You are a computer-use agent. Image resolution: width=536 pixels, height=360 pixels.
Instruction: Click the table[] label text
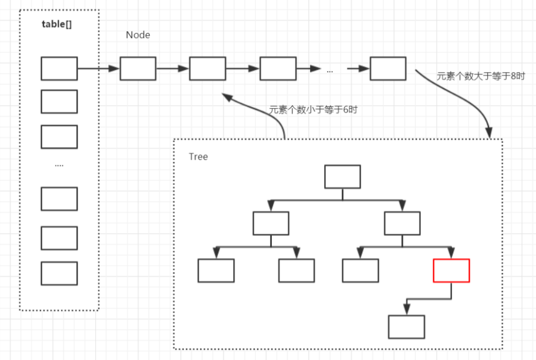click(x=57, y=25)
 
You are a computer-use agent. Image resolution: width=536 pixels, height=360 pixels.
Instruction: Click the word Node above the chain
click(x=138, y=35)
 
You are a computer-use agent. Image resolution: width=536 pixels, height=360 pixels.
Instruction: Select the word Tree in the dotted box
click(x=198, y=157)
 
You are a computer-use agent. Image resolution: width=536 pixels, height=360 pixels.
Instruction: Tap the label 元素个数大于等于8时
click(x=480, y=76)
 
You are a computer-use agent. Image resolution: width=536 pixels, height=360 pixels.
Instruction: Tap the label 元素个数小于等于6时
click(x=312, y=110)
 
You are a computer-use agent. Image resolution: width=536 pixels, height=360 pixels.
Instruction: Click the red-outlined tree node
click(x=451, y=270)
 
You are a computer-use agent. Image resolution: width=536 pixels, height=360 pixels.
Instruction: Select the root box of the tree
click(x=342, y=176)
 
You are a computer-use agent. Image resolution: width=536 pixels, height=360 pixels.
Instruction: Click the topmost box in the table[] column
click(x=59, y=69)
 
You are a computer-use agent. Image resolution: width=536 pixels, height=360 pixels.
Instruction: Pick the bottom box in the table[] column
click(x=59, y=273)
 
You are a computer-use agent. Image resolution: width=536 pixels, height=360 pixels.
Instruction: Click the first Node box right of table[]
click(x=138, y=69)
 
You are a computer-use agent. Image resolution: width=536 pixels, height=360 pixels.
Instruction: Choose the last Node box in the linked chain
click(x=388, y=69)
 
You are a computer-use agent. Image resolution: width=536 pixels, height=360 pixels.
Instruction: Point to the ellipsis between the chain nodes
click(x=330, y=70)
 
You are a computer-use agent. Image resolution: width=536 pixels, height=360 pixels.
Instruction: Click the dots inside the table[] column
click(x=59, y=166)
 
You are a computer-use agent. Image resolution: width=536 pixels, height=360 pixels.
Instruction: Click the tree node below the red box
click(x=406, y=327)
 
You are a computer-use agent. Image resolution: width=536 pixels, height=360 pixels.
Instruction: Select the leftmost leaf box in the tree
click(x=216, y=270)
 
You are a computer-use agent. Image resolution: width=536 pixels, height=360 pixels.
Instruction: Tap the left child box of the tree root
click(x=271, y=223)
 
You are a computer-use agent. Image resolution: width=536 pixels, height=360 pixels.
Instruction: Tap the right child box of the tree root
click(x=402, y=223)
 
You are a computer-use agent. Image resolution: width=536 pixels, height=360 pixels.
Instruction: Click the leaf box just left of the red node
click(x=360, y=270)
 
